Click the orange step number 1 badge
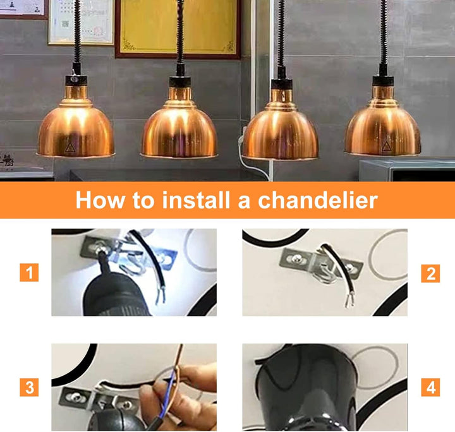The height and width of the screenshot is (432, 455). tap(29, 272)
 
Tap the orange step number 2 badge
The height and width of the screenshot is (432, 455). tap(430, 273)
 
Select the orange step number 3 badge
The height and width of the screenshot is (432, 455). tap(29, 387)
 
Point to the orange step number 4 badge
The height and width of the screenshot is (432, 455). tap(430, 387)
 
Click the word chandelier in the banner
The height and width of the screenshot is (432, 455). tap(318, 200)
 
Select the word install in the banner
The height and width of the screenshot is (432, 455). tap(197, 200)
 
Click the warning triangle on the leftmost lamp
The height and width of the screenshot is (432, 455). tap(70, 148)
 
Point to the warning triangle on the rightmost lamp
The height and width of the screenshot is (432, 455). tap(385, 147)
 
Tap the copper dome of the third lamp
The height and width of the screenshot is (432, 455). tap(280, 131)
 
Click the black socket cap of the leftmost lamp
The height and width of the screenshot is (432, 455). tap(76, 81)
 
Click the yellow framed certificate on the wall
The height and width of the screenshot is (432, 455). tap(178, 28)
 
